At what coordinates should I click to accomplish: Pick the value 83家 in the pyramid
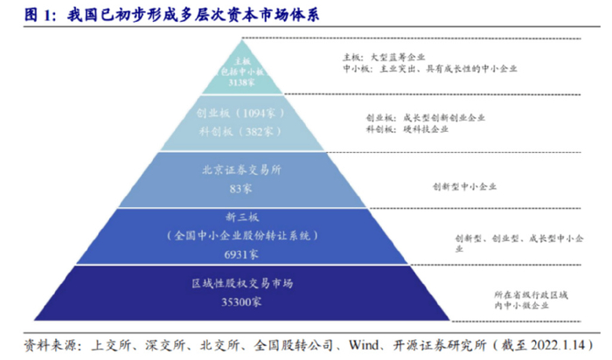click(x=240, y=188)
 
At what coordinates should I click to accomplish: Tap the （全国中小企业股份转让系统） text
click(x=240, y=237)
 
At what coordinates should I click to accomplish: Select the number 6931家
click(x=240, y=254)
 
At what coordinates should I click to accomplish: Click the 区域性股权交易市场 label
click(x=240, y=284)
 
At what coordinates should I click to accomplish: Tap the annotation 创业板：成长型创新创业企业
click(x=425, y=116)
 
